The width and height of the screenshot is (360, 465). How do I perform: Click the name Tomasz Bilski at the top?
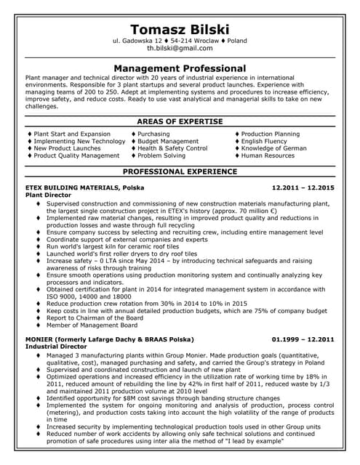click(180, 28)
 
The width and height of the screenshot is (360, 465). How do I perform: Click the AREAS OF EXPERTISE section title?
click(180, 120)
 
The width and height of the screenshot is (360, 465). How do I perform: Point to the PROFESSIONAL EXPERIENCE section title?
click(180, 171)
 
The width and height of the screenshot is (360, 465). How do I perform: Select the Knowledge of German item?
click(273, 148)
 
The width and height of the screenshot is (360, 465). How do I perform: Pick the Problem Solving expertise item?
click(161, 155)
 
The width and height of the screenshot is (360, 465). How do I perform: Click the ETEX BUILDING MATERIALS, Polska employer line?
click(84, 187)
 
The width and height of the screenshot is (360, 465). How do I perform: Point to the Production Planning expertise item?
click(270, 134)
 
